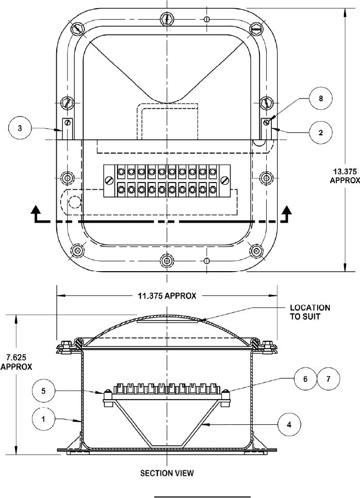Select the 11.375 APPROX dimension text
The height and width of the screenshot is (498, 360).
tap(168, 296)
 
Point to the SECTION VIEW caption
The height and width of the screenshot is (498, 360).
tap(167, 473)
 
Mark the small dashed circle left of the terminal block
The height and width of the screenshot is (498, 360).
tap(75, 201)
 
